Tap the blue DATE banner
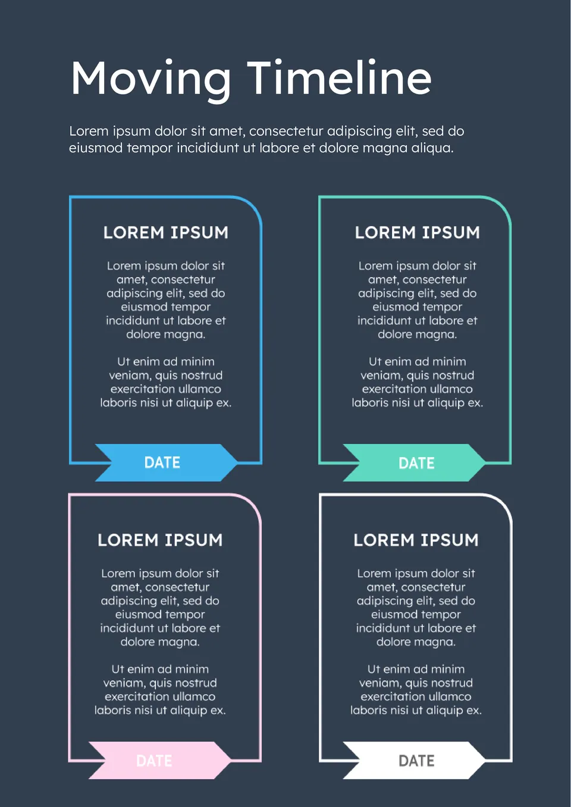(162, 462)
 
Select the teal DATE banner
(416, 463)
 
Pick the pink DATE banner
(154, 761)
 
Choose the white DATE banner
(416, 761)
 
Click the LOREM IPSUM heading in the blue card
(166, 233)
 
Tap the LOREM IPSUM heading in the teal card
(418, 233)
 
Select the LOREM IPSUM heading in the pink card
(160, 540)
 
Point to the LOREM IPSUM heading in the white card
(416, 540)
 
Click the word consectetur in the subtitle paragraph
(286, 132)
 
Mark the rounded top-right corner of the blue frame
(253, 206)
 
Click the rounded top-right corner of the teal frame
(503, 206)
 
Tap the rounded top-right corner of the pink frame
(253, 503)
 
